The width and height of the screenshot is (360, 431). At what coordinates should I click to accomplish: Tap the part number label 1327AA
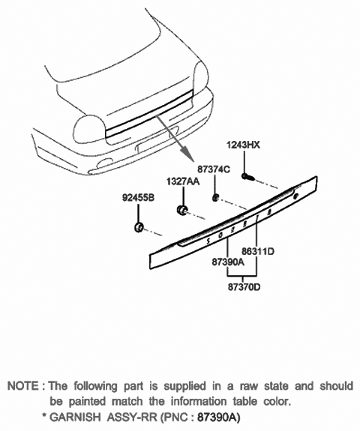183,182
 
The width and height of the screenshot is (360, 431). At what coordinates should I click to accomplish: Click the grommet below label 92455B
137,226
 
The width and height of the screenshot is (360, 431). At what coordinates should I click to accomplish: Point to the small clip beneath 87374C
214,197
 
